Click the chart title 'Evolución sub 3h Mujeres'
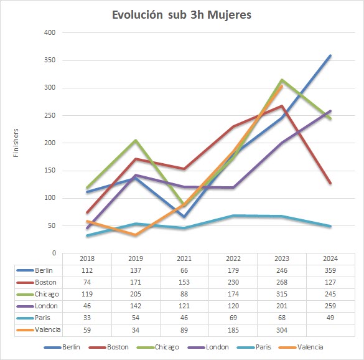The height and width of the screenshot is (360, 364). (x=182, y=15)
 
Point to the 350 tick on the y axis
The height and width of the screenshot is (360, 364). (x=50, y=60)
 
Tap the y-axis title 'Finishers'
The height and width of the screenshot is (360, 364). (x=16, y=143)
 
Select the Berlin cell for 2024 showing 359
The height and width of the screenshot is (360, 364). (x=330, y=270)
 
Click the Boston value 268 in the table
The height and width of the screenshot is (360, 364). (x=282, y=282)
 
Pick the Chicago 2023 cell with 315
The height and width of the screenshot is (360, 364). (x=282, y=294)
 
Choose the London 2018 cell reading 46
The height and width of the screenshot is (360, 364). (x=87, y=306)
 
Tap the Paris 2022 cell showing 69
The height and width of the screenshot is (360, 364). (x=233, y=318)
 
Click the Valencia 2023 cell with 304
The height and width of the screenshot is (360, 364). (x=282, y=330)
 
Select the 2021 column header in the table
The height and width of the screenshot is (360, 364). (x=184, y=258)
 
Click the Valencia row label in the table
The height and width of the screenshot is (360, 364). (x=47, y=329)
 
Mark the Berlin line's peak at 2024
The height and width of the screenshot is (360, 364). (x=330, y=56)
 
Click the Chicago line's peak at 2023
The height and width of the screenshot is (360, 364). (x=282, y=80)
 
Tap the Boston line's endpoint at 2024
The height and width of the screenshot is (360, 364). (x=330, y=183)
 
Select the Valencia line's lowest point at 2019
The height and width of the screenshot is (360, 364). (x=136, y=235)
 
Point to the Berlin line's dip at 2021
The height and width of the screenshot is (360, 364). (x=184, y=217)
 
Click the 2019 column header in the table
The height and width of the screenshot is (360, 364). (x=136, y=258)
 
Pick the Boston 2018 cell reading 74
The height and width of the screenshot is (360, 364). (x=87, y=282)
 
